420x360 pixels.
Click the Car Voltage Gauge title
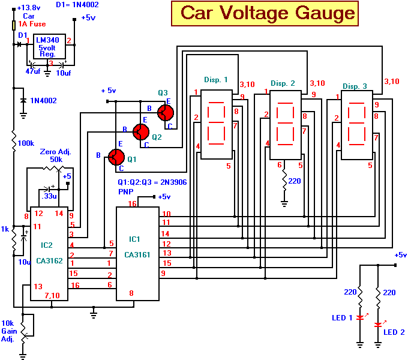(x=268, y=13)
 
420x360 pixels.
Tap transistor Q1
(x=116, y=157)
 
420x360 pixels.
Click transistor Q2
(x=140, y=131)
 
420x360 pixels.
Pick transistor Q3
(x=165, y=112)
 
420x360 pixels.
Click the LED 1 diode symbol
(x=360, y=317)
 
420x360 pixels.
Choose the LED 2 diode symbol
(x=378, y=325)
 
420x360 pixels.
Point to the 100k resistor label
(x=26, y=144)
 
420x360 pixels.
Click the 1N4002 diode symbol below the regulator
(x=23, y=100)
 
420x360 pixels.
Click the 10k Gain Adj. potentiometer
(x=23, y=329)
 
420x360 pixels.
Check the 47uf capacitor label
(x=32, y=71)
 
